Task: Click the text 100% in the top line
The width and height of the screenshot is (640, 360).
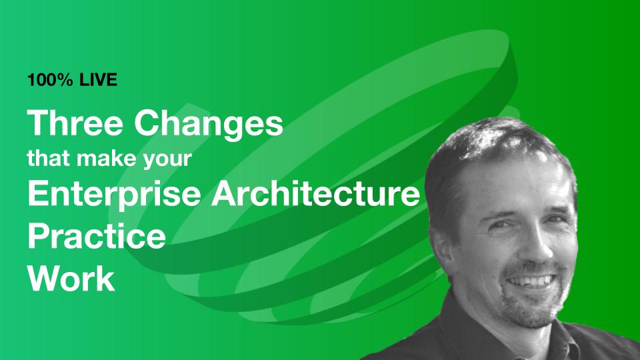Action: coord(50,79)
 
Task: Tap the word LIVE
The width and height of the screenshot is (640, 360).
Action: coord(99,79)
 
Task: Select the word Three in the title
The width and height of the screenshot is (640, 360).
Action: coord(75,123)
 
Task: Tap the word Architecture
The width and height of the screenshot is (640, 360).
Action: coord(315,193)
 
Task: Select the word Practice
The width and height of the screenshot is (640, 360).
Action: coord(97,235)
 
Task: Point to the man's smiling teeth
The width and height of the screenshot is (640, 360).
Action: coord(531,281)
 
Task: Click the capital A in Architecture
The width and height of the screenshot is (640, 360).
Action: coord(225,193)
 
